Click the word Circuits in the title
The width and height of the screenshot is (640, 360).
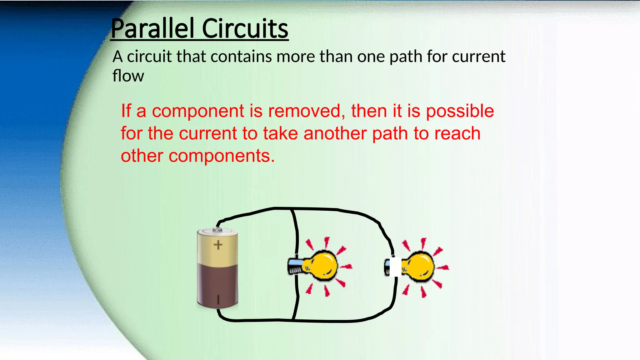click(245, 29)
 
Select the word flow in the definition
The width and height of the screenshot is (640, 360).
click(128, 76)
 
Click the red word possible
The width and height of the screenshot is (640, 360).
click(460, 112)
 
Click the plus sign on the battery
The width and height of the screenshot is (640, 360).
click(218, 245)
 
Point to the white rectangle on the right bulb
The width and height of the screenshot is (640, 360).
click(395, 267)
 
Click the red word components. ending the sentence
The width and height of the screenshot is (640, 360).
click(222, 156)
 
